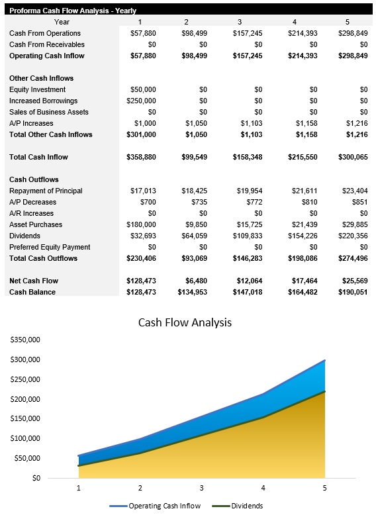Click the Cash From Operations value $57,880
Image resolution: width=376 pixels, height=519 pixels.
[x=142, y=33]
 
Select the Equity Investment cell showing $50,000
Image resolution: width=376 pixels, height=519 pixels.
[x=142, y=89]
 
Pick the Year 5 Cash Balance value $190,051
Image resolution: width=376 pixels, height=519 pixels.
[x=352, y=292]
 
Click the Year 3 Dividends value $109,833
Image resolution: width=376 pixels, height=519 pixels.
[x=247, y=236]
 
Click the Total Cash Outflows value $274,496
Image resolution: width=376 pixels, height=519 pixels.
[x=352, y=258]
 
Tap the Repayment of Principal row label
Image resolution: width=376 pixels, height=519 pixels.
[x=46, y=191]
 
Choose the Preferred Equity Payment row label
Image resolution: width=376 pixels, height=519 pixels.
[x=50, y=247]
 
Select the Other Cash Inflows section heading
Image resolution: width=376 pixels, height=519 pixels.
[x=41, y=78]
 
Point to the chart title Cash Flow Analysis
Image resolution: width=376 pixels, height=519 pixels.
[x=185, y=322]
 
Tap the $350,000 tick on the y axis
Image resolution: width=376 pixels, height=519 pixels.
[x=26, y=340]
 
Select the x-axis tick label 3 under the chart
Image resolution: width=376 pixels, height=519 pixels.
[x=202, y=488]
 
